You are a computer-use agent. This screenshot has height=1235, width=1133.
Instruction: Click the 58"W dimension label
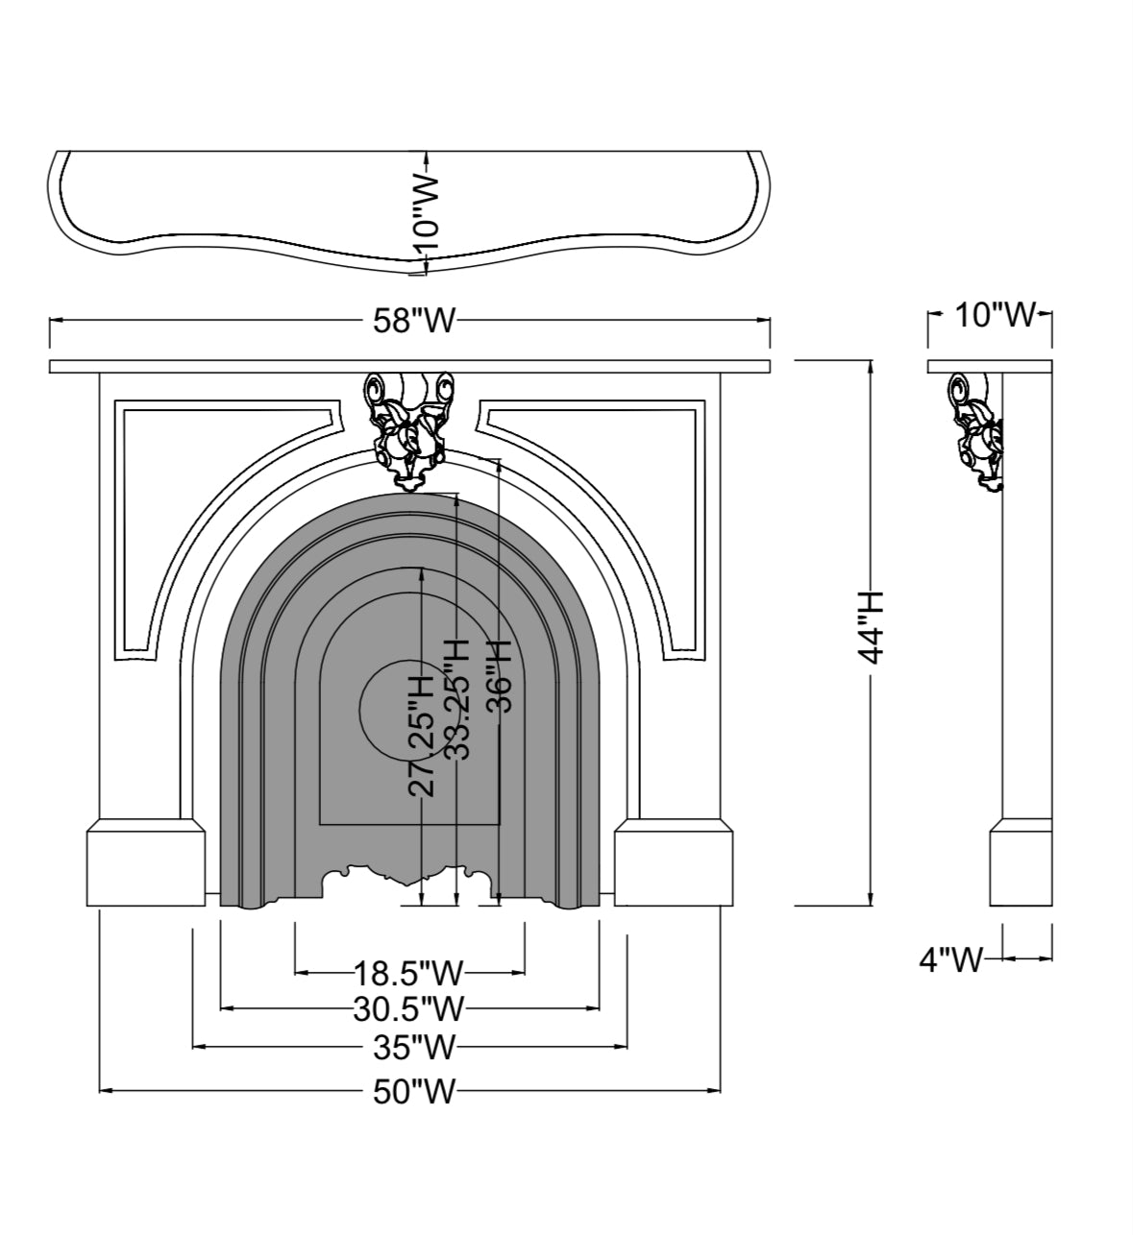click(413, 322)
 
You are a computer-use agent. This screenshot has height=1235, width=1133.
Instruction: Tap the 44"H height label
click(872, 627)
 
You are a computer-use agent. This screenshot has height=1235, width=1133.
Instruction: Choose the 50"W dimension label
click(413, 1091)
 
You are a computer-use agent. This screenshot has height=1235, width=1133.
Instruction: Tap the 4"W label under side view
click(951, 958)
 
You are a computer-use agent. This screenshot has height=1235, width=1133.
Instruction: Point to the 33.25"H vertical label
click(457, 699)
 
